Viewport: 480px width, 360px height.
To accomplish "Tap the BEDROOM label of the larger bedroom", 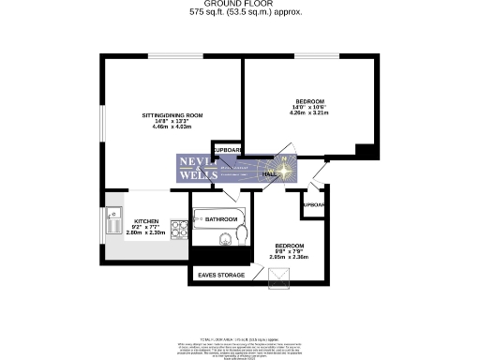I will (x=309, y=101).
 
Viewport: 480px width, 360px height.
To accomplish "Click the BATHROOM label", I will (x=222, y=219).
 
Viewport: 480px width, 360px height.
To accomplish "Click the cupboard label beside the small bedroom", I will (x=314, y=203).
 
